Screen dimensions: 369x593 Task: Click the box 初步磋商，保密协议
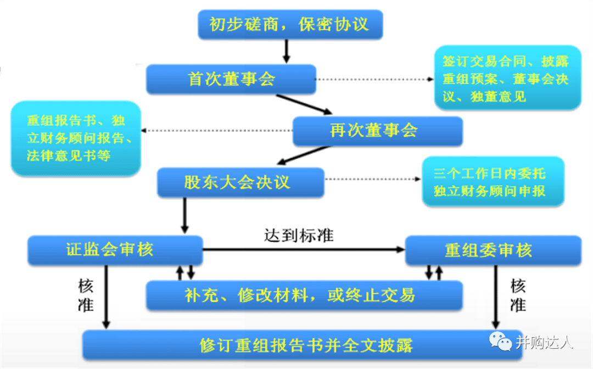[x=289, y=25]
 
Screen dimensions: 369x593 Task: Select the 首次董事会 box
[x=231, y=79]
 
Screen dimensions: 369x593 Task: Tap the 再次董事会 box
[x=377, y=131]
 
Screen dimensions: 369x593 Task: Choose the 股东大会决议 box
[x=240, y=183]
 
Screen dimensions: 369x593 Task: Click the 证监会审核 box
[x=115, y=250]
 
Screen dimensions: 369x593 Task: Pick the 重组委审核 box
[x=493, y=251]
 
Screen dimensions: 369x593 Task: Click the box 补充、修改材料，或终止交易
[x=304, y=296]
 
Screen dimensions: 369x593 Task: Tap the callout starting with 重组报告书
[x=76, y=138]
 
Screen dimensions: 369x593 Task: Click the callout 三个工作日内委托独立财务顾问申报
[x=493, y=182]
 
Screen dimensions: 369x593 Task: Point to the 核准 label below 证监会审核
[x=86, y=295]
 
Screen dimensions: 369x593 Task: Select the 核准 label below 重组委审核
[x=518, y=295]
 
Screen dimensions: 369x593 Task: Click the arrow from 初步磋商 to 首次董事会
[x=286, y=51]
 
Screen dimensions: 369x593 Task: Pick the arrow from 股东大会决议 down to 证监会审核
[x=184, y=215]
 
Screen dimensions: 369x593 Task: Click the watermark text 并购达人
[x=544, y=342]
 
